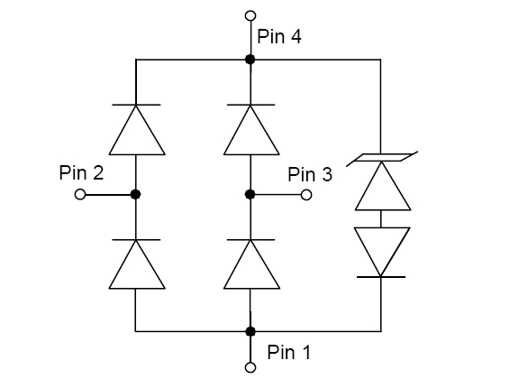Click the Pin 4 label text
(279, 36)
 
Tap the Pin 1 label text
(289, 352)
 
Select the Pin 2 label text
(81, 172)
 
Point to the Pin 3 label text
(310, 174)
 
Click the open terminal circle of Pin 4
(250, 15)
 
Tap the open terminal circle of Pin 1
(250, 367)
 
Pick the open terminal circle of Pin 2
(80, 194)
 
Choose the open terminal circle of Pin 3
(306, 195)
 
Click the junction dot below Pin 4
(250, 60)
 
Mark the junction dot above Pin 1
(250, 331)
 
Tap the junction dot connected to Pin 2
(135, 194)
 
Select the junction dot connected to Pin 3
(250, 194)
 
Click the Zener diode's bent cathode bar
(382, 158)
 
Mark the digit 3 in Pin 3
(326, 174)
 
